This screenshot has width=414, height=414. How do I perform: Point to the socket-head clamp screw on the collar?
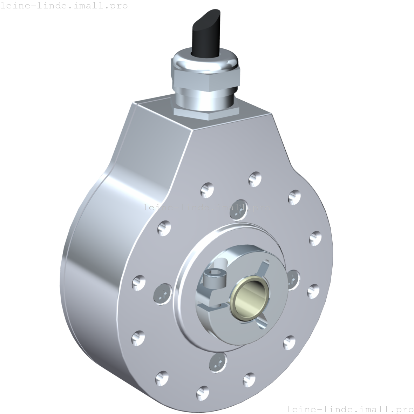pyautogui.click(x=214, y=280)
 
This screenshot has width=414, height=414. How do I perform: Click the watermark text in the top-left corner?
pyautogui.click(x=64, y=6)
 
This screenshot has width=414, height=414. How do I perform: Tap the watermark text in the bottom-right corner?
pyautogui.click(x=350, y=409)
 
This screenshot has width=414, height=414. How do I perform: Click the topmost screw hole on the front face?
pyautogui.click(x=255, y=179)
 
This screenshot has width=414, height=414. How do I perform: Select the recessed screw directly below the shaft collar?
pyautogui.click(x=217, y=362)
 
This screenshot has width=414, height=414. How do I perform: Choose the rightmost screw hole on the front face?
pyautogui.click(x=315, y=238)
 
